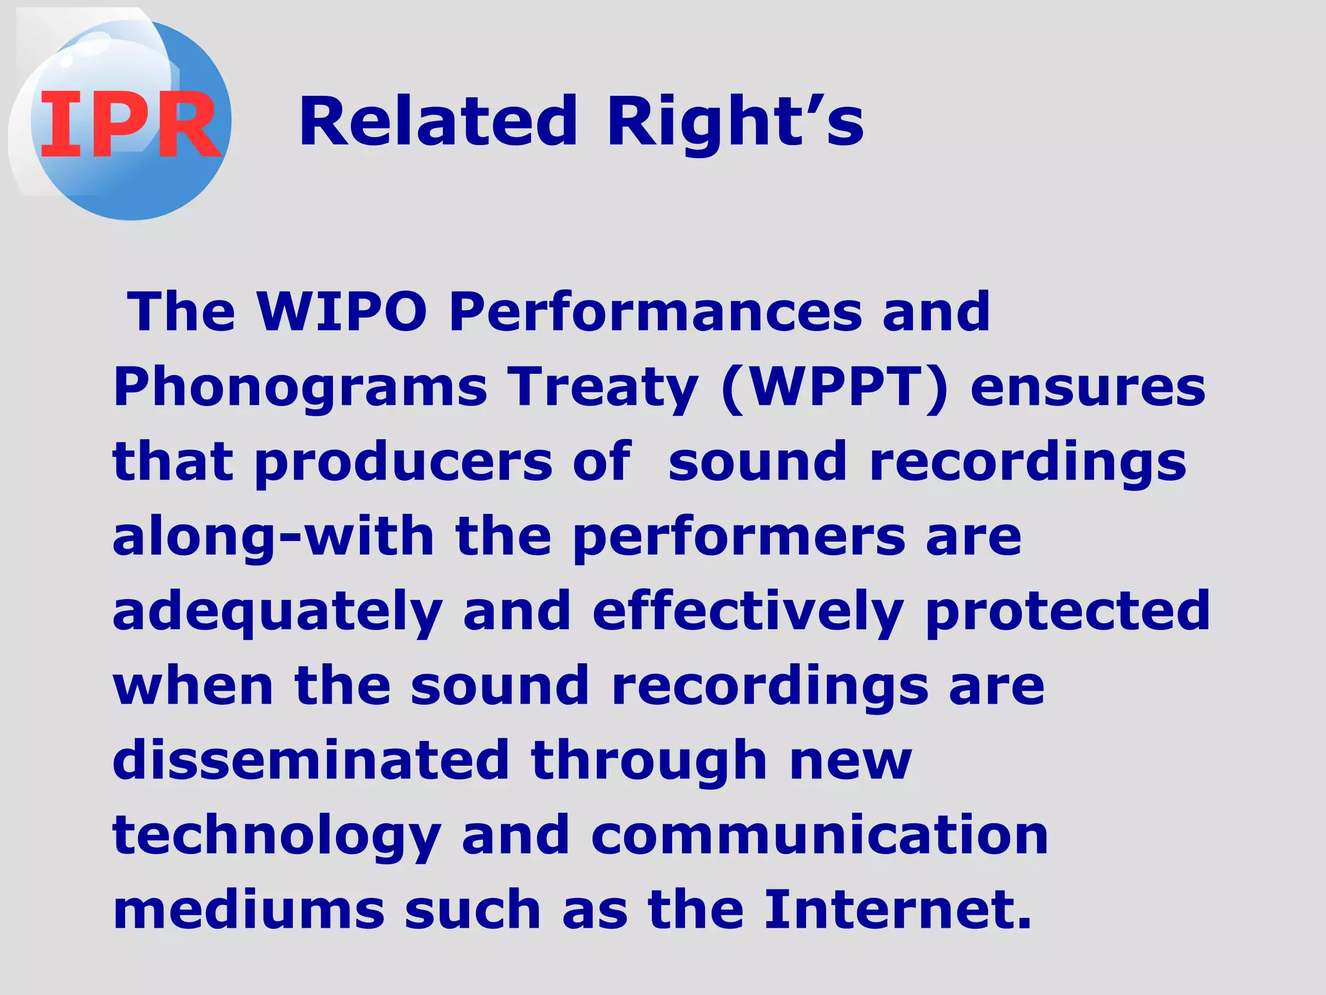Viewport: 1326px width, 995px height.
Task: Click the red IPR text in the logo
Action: pos(129,124)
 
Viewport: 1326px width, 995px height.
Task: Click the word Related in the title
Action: pos(438,121)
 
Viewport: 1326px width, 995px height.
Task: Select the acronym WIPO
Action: pos(342,312)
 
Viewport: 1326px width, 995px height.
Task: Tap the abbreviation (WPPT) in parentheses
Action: pos(835,387)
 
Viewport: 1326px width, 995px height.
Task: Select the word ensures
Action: pos(1088,387)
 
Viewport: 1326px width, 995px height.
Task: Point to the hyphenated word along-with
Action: pos(273,538)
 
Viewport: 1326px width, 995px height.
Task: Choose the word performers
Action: pos(739,538)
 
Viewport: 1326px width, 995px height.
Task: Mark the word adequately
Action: pos(278,613)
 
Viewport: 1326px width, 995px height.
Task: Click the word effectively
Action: pos(747,612)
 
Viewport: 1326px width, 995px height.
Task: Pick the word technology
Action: pos(277,836)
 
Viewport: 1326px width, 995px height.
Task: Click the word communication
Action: pos(820,835)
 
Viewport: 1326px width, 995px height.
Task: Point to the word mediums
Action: pos(249,909)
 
